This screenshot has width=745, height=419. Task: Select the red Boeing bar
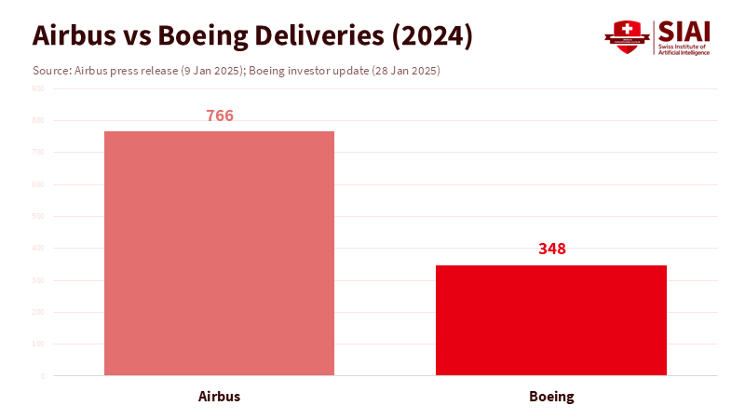pos(551,320)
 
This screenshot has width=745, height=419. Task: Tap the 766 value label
pos(220,116)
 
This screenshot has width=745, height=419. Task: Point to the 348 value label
pos(552,249)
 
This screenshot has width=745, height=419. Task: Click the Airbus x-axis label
pos(219,396)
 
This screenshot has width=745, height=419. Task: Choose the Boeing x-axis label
pos(551,396)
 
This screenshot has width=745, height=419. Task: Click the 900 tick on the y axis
pos(37,88)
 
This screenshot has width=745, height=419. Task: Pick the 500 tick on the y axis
pos(37,216)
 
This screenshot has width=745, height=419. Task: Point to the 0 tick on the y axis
pos(42,376)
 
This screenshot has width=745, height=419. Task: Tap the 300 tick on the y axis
pos(37,280)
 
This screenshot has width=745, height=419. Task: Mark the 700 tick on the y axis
pos(37,152)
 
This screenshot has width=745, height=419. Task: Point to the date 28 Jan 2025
pos(403,71)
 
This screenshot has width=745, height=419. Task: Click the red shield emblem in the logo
pos(626,37)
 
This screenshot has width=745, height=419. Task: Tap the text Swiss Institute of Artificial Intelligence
pos(684,49)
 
